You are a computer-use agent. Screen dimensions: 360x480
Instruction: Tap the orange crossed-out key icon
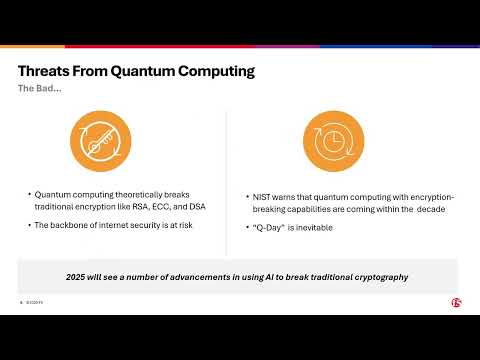98,140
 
